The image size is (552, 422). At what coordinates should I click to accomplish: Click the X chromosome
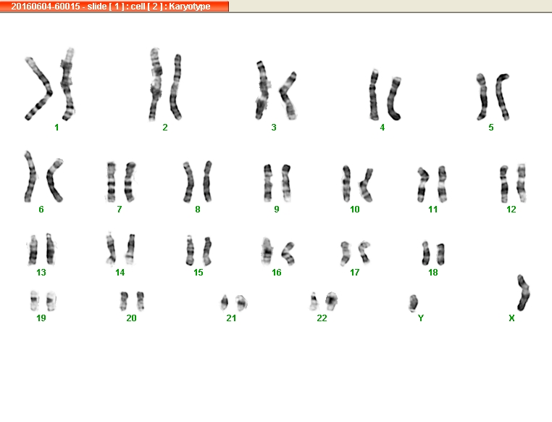524,293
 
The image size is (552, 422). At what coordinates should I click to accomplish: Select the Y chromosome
414,303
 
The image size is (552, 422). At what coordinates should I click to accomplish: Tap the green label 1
57,128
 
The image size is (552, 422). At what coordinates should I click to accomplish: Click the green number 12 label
511,210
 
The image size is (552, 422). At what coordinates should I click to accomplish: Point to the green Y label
421,318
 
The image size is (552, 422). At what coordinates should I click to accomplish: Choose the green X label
511,318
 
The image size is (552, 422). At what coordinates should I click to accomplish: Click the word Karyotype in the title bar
190,7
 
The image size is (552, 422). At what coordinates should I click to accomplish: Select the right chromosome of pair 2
175,87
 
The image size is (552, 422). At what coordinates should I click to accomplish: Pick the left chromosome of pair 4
374,94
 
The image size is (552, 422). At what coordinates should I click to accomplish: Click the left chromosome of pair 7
112,182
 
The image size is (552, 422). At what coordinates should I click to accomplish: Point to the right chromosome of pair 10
365,186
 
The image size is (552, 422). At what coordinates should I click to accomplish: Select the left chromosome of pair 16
267,251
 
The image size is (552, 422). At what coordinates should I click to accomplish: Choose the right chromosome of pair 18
440,254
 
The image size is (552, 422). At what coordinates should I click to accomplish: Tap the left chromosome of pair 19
34,300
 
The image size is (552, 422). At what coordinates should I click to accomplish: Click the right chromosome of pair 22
331,299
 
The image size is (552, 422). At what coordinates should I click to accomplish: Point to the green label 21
231,318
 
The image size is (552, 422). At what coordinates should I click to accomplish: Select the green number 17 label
354,273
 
